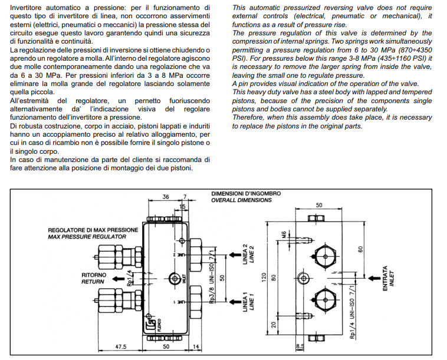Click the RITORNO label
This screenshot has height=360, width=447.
[x=94, y=275]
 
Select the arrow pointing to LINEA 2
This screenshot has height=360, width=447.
[x=235, y=255]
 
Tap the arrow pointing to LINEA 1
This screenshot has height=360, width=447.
[x=235, y=302]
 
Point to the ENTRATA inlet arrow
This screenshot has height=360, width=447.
[x=374, y=278]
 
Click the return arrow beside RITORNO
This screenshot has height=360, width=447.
[x=118, y=279]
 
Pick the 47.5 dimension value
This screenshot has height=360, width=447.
[x=120, y=346]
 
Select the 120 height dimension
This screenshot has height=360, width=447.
[x=264, y=278]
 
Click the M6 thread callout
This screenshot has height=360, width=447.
[x=284, y=235]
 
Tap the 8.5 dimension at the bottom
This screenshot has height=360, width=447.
[x=300, y=346]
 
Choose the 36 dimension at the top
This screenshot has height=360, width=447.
[x=166, y=197]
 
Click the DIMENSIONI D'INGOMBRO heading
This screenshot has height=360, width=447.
[x=246, y=194]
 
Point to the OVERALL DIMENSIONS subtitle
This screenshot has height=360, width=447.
[x=241, y=200]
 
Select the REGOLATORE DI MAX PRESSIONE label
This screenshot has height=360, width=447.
[x=93, y=230]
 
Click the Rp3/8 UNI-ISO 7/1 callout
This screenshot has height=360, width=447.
[x=212, y=276]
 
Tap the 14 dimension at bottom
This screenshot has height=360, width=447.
[x=196, y=346]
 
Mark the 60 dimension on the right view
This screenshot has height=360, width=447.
[x=360, y=249]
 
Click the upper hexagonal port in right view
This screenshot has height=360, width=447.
[x=325, y=256]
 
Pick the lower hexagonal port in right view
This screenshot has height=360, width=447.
[x=325, y=300]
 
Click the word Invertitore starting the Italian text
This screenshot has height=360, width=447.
[x=26, y=8]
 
